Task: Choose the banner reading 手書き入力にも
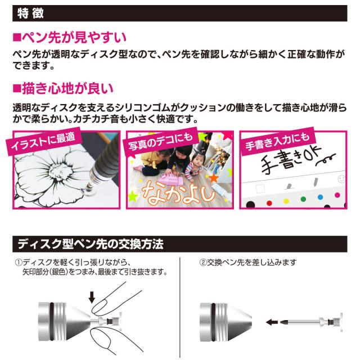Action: point(276,142)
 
